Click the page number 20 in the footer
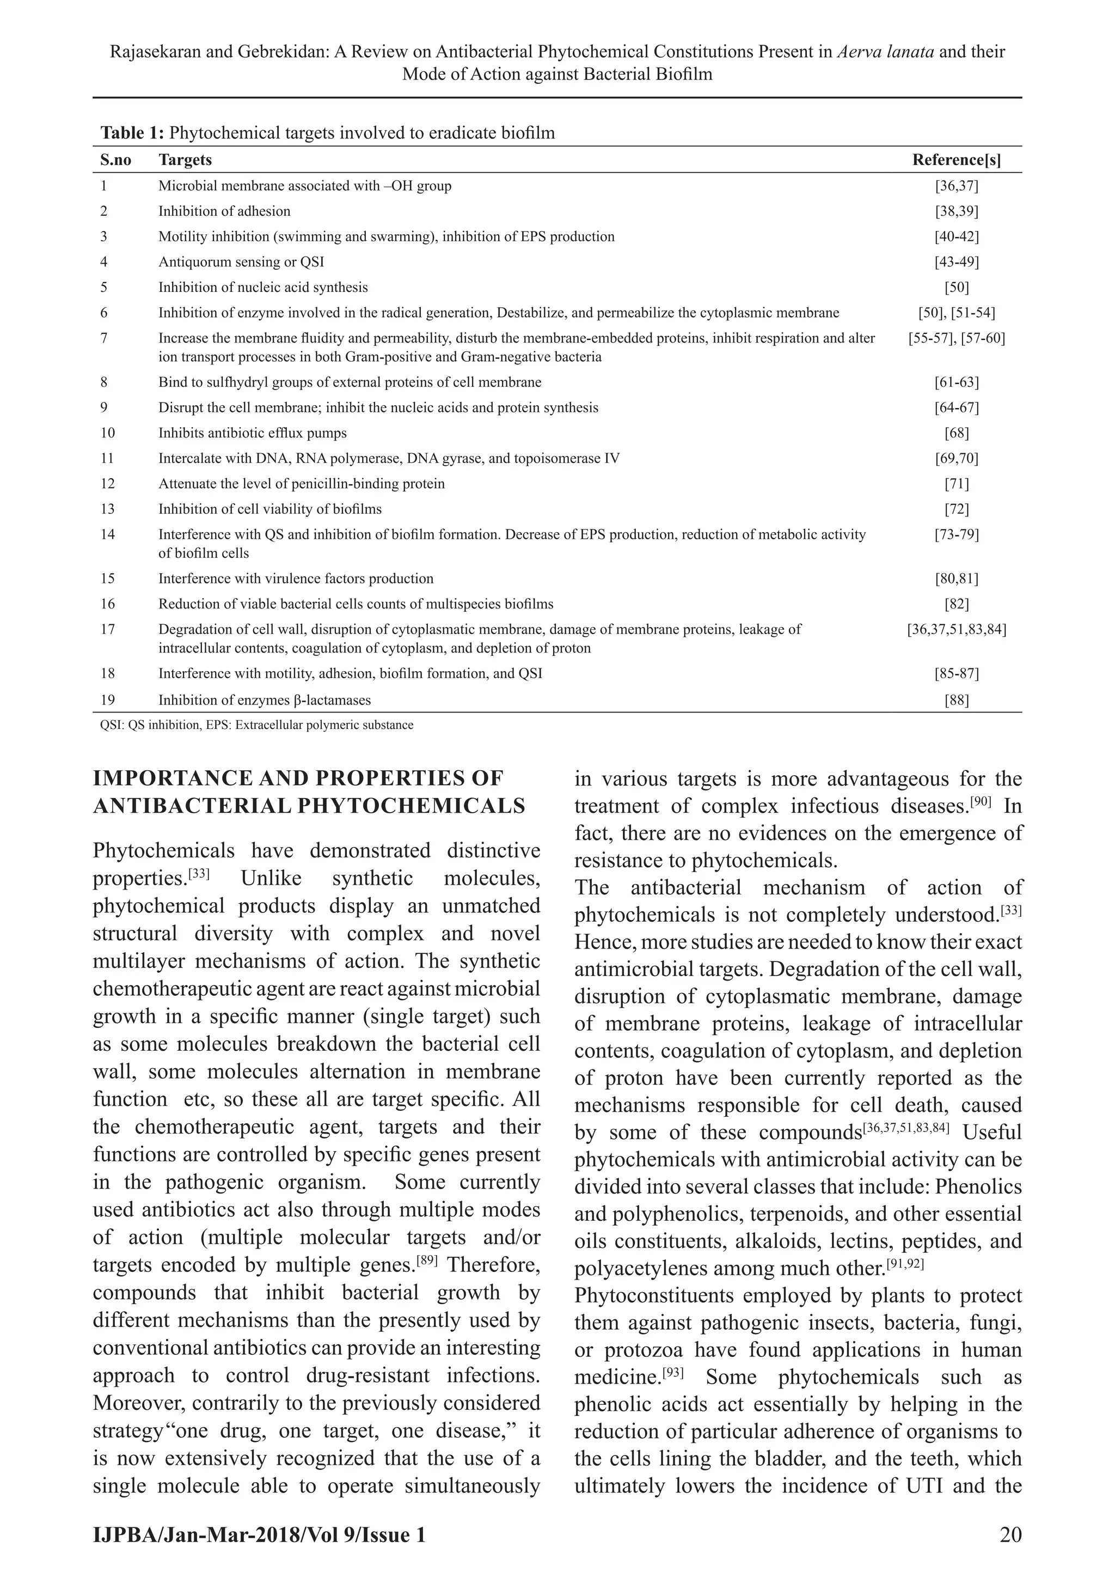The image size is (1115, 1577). pos(1010,1535)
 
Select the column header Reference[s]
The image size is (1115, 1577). pos(957,160)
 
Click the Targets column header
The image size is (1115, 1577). pos(185,160)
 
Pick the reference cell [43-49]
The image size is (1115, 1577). pos(957,261)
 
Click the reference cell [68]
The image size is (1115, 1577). pos(957,433)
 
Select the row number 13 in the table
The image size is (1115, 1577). pos(108,509)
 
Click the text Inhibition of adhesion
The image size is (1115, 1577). pos(224,211)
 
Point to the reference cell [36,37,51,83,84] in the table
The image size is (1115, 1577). pos(957,629)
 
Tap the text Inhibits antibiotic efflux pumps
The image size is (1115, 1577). pos(253,433)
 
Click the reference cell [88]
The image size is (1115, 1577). pos(957,700)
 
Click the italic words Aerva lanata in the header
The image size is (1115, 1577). pos(886,52)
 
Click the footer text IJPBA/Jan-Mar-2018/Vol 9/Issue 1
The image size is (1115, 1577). pos(259,1535)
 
